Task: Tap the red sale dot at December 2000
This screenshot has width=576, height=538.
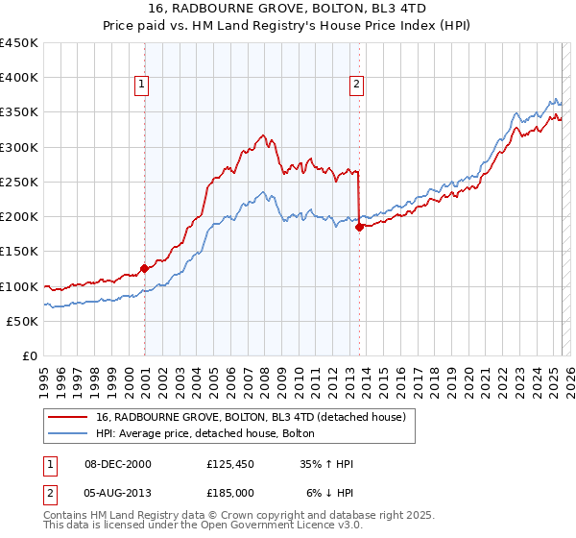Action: [x=145, y=269]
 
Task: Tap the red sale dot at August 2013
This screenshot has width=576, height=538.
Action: [x=359, y=228]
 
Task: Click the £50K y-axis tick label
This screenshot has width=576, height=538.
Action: [x=23, y=321]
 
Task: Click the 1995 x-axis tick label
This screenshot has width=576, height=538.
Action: [x=44, y=378]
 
